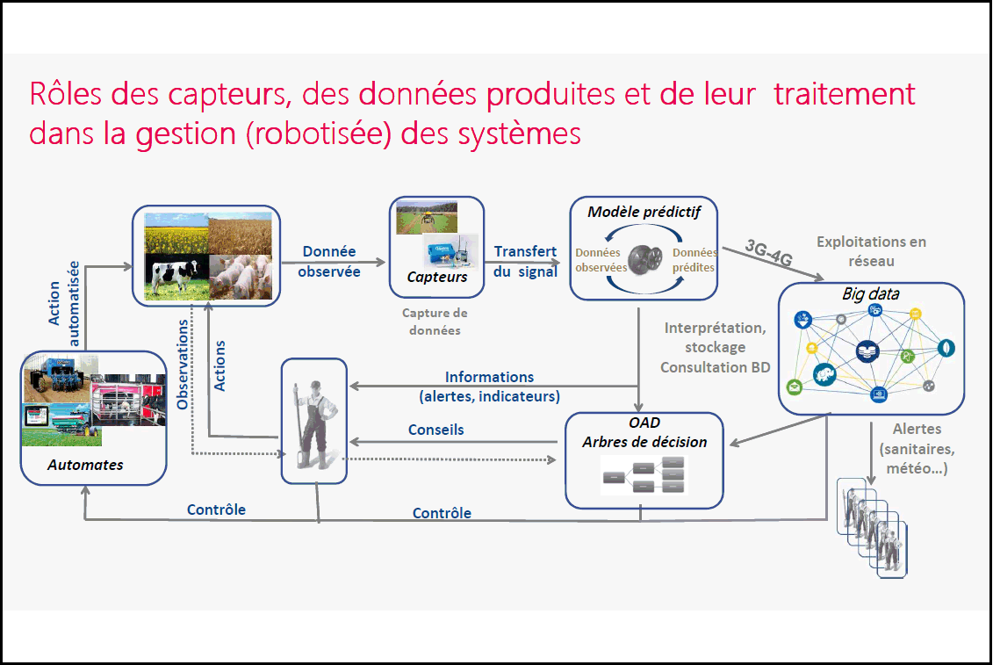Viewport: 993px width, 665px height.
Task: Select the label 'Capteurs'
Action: (x=436, y=277)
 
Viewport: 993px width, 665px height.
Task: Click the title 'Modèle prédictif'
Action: (x=644, y=212)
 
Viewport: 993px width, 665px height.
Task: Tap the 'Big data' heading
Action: (x=870, y=293)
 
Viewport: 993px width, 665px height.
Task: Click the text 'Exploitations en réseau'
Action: (x=870, y=250)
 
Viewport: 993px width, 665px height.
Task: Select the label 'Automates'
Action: (x=85, y=465)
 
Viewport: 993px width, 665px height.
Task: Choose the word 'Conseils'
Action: (x=436, y=430)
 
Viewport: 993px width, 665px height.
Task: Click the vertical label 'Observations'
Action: (x=183, y=364)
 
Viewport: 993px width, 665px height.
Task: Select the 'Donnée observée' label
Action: (x=329, y=261)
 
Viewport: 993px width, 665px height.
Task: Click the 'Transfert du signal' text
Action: (x=525, y=261)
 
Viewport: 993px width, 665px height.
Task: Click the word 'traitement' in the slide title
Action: (x=844, y=94)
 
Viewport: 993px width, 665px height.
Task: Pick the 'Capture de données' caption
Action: (x=435, y=322)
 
